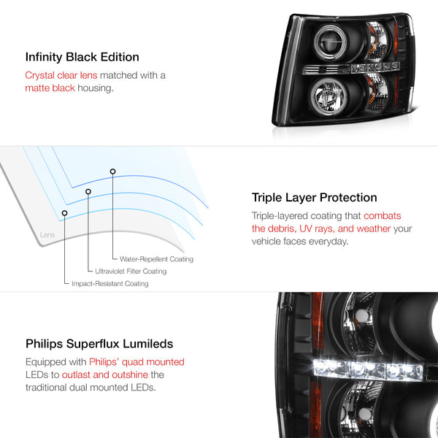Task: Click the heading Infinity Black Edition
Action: pos(82,57)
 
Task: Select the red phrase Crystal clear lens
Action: pos(61,75)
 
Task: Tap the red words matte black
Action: pos(50,88)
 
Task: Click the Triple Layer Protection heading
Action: pos(314,198)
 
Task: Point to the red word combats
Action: pos(382,215)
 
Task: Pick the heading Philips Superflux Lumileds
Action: pos(99,344)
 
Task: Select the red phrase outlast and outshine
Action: pos(105,374)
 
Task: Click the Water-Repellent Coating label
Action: pos(156,259)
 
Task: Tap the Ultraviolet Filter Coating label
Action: pos(131,272)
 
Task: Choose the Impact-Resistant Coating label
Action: pos(110,283)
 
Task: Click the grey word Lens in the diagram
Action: pos(47,234)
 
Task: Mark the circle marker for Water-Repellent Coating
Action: pos(112,172)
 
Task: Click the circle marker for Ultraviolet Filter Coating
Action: pos(88,191)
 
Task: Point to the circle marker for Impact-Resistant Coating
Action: pos(64,213)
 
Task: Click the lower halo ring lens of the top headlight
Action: pos(328,96)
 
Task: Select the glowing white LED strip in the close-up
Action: pos(368,370)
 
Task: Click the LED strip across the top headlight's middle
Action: pos(351,69)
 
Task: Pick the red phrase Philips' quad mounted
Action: pos(137,362)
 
